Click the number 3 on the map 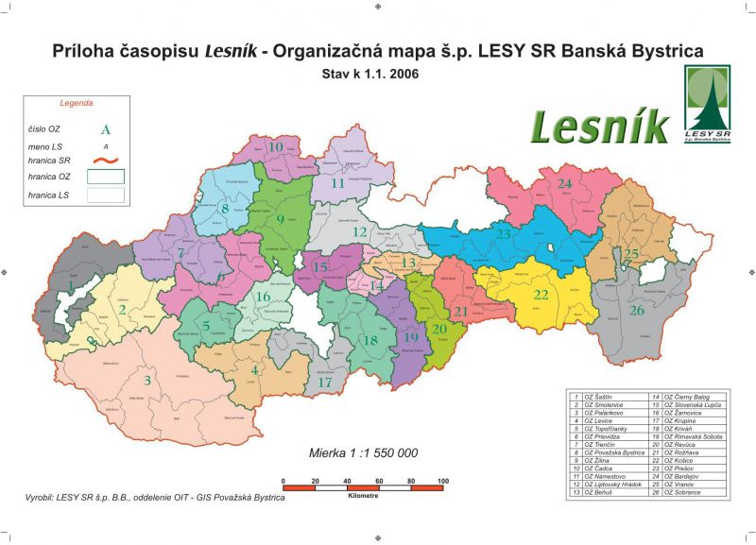(146, 381)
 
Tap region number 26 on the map (637, 310)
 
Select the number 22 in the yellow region (541, 295)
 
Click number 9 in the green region (280, 220)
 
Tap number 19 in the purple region (410, 337)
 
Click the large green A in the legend (105, 129)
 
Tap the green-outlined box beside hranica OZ (106, 176)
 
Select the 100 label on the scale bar (442, 482)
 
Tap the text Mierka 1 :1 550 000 (364, 452)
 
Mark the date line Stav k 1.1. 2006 (377, 72)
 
